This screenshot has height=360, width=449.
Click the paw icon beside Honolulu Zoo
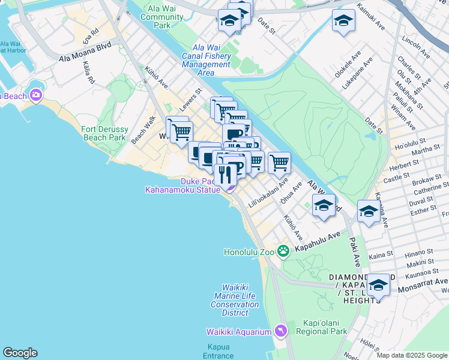click(286, 252)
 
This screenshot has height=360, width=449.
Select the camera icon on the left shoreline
click(35, 95)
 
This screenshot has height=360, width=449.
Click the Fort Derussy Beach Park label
click(104, 133)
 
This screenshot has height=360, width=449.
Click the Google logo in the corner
click(20, 353)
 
